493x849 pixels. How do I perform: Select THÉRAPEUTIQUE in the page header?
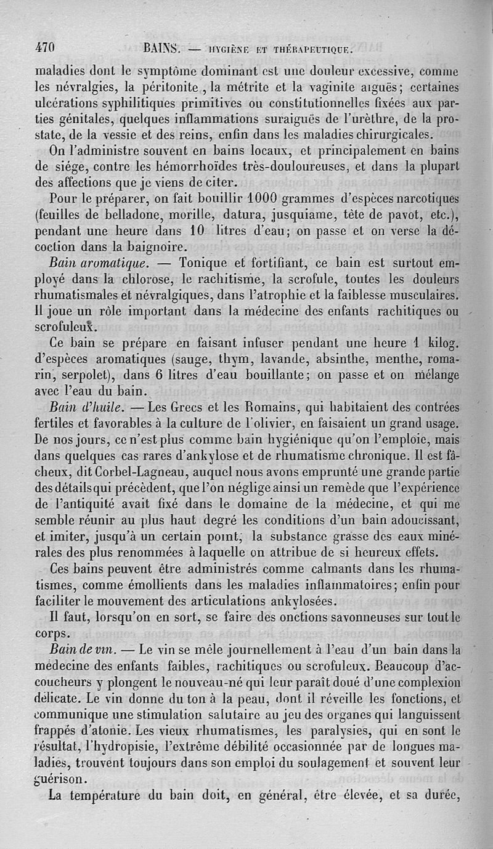click(308, 48)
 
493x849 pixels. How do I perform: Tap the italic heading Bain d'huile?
click(89, 407)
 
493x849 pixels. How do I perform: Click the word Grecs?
click(188, 407)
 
